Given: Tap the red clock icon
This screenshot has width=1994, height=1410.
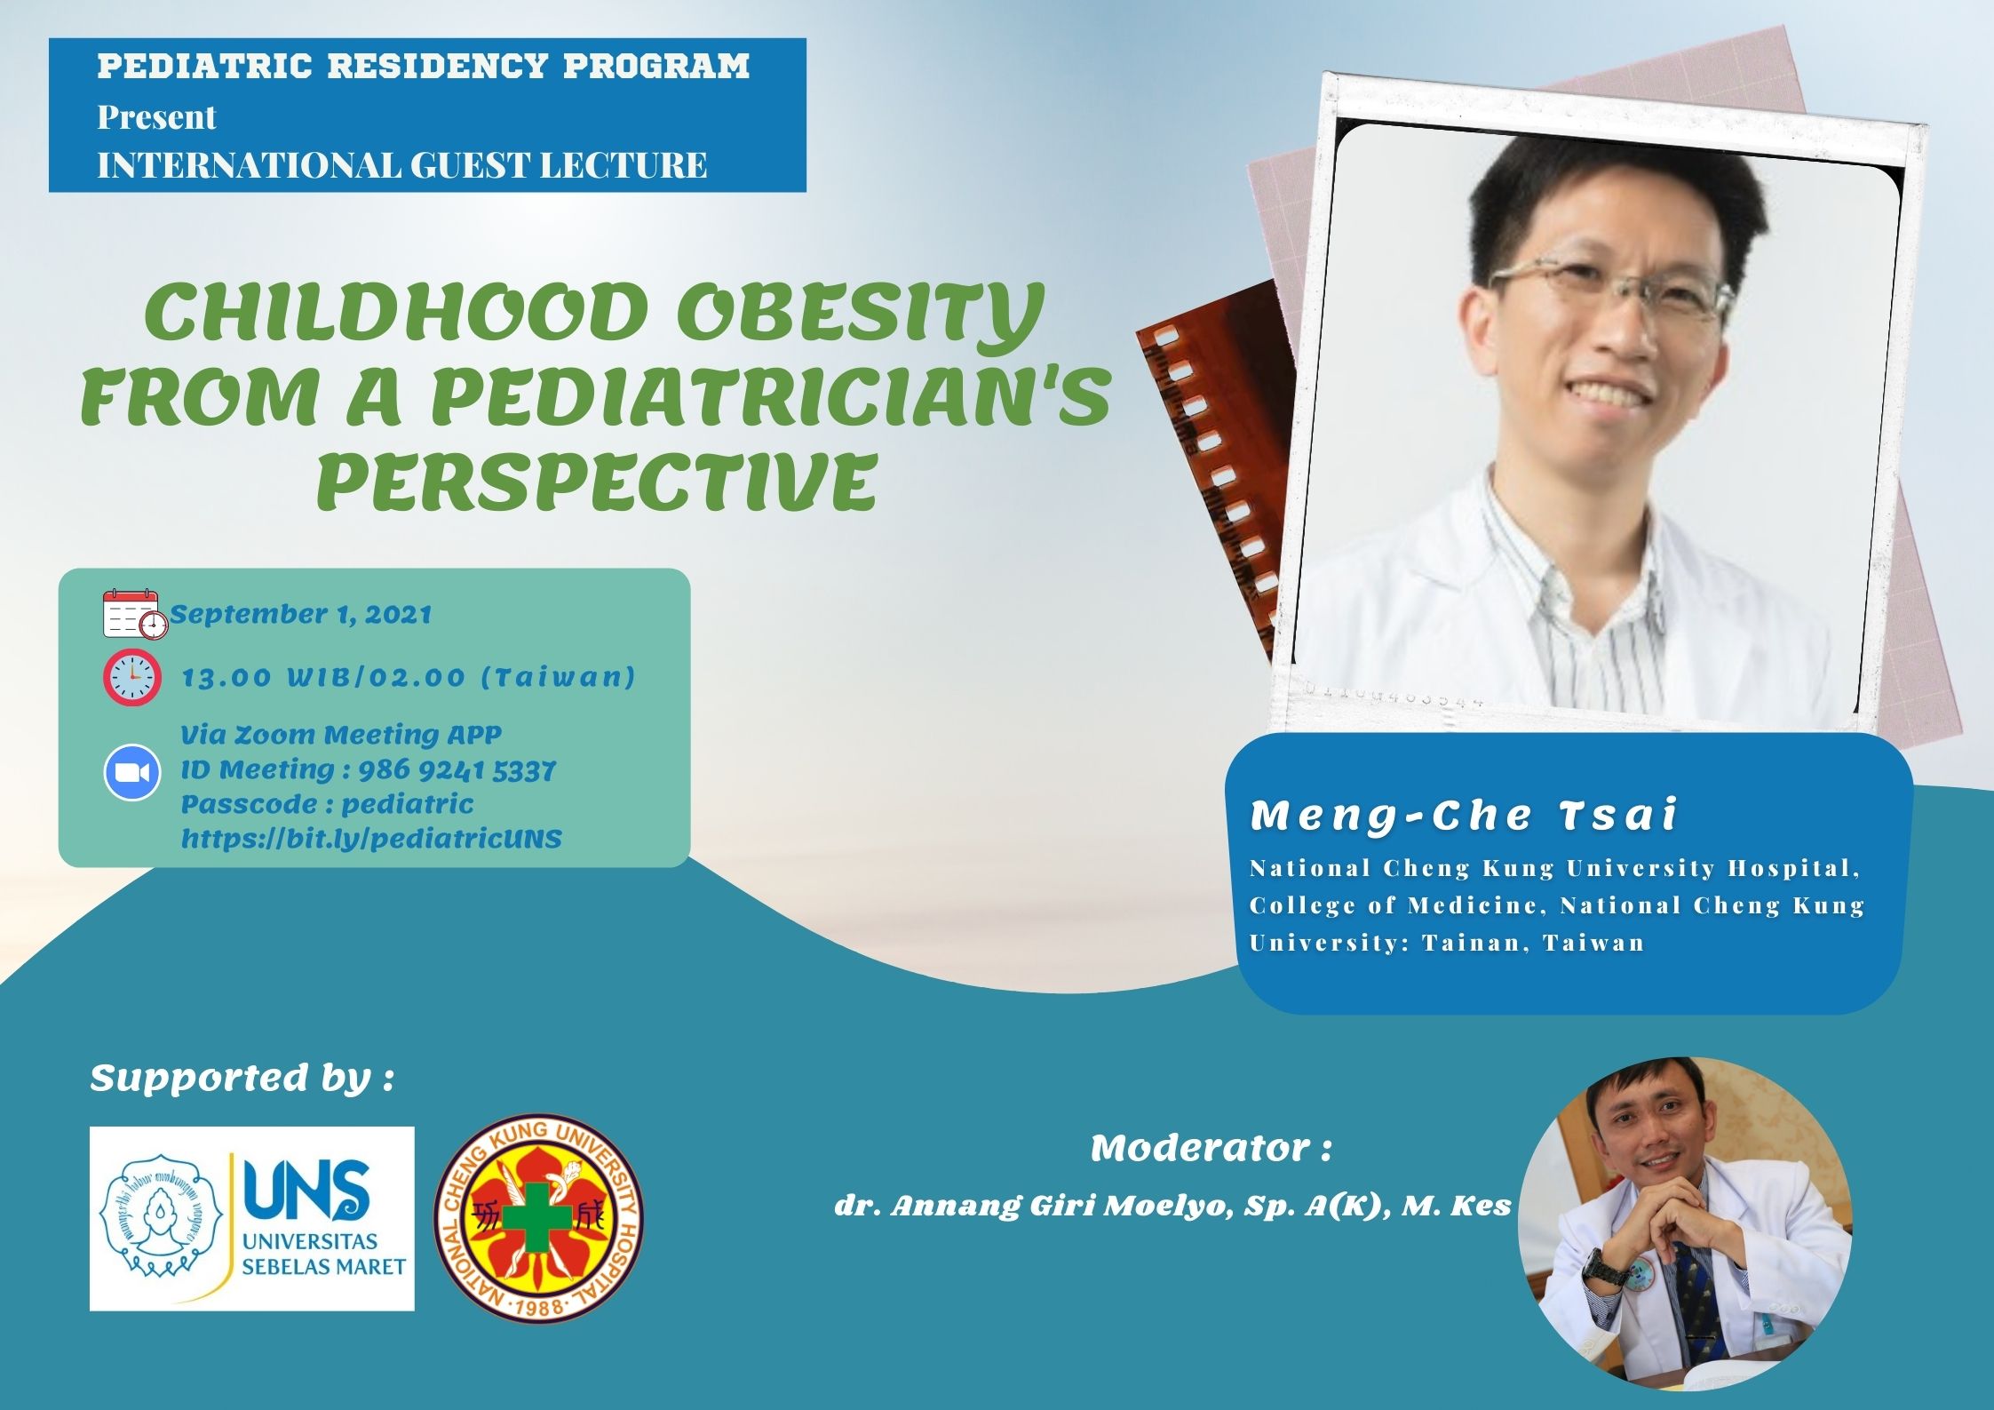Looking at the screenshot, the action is click(x=132, y=678).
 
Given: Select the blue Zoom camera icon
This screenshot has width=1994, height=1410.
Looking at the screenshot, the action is click(x=132, y=773).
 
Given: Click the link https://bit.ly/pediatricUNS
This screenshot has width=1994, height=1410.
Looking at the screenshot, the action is click(x=371, y=839).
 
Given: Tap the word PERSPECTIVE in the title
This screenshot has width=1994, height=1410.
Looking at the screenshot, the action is click(x=597, y=481).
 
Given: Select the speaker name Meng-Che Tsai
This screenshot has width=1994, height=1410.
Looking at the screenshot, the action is click(x=1463, y=816).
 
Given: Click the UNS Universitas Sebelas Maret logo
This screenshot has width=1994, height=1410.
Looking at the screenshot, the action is click(x=252, y=1218).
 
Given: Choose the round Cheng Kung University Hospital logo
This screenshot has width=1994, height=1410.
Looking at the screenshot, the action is click(x=538, y=1217).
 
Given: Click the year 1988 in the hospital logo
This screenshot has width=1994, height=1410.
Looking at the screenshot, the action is click(x=539, y=1306).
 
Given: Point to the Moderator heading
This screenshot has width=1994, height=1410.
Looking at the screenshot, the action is click(x=1211, y=1148).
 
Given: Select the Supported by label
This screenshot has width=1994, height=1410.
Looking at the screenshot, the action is click(x=241, y=1079).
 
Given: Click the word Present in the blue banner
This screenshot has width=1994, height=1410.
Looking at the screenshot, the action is click(x=156, y=117).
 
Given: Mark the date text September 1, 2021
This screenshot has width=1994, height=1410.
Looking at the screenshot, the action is click(x=301, y=615).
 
